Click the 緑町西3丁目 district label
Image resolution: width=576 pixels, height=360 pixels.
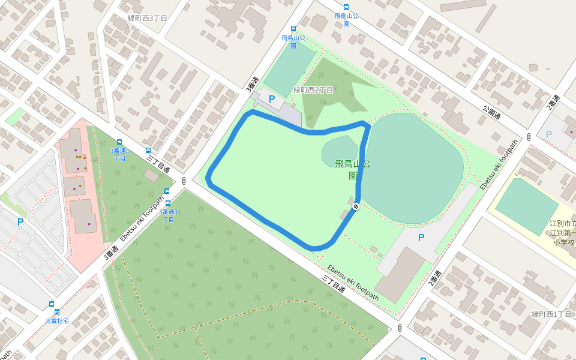point(148,18)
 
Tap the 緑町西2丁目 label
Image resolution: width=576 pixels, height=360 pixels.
point(313,90)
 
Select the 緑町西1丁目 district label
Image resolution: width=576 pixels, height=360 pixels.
point(551,314)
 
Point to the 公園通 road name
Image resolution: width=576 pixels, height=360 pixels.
point(491,112)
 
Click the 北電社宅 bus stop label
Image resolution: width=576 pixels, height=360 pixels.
point(57,321)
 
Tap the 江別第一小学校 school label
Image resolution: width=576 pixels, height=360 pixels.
point(563,233)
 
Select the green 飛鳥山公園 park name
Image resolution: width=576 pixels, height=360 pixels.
point(352,169)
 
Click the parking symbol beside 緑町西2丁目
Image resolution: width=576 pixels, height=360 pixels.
point(272,99)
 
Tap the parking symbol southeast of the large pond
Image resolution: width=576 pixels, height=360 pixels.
point(421,238)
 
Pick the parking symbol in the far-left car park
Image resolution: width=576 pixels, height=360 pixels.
point(20,222)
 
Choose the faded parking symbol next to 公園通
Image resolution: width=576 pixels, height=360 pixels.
point(548,134)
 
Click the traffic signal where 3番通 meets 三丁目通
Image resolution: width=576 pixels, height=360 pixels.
point(184,180)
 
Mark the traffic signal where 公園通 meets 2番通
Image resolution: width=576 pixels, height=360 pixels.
point(529,137)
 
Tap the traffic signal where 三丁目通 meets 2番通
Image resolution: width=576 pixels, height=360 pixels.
point(400,328)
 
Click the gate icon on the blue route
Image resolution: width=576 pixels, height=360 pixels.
point(356,206)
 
